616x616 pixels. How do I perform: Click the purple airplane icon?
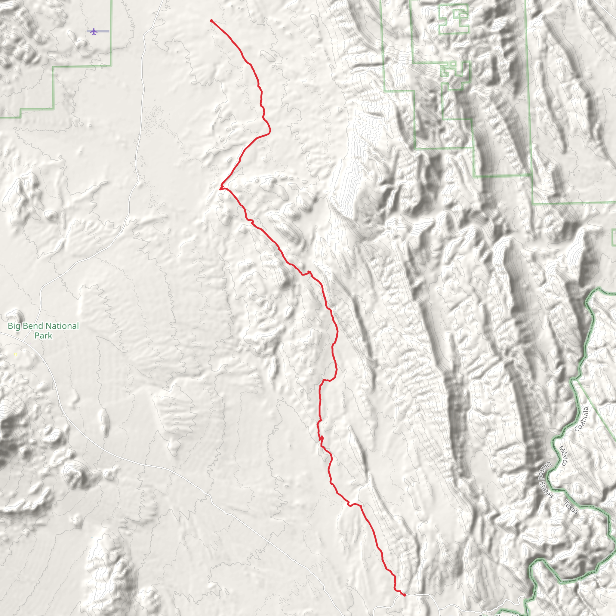pyautogui.click(x=94, y=31)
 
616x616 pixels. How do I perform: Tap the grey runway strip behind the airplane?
pyautogui.click(x=104, y=31)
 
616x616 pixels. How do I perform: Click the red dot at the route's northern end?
pyautogui.click(x=211, y=21)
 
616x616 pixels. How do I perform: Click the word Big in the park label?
pyautogui.click(x=14, y=326)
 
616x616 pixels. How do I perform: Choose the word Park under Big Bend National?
pyautogui.click(x=43, y=335)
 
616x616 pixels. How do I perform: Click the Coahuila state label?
pyautogui.click(x=582, y=419)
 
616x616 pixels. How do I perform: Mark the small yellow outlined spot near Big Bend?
pyautogui.click(x=16, y=355)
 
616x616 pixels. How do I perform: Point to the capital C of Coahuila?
pyautogui.click(x=577, y=429)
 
